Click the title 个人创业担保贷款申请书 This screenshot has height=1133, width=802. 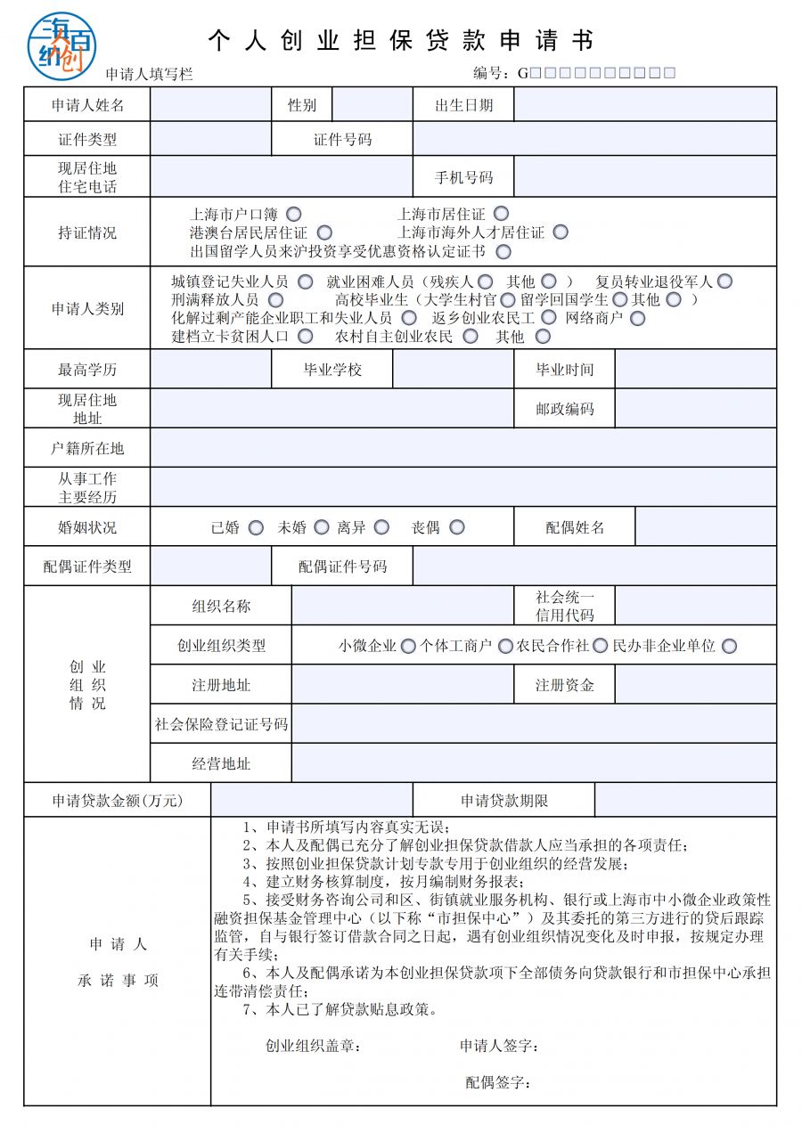[x=400, y=41]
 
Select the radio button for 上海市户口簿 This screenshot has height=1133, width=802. [x=294, y=214]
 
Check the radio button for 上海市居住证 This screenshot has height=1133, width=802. [x=502, y=214]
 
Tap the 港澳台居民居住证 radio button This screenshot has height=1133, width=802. [x=324, y=232]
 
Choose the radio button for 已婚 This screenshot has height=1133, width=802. [x=256, y=527]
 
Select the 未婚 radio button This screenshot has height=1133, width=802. [x=322, y=527]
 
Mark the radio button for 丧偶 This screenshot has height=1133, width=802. [x=457, y=527]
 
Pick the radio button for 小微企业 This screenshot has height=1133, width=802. [x=408, y=646]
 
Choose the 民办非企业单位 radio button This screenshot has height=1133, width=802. [x=730, y=646]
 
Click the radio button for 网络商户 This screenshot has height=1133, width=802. [x=637, y=317]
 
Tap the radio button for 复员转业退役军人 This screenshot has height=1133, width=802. [x=725, y=281]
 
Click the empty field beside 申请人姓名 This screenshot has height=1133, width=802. [x=210, y=105]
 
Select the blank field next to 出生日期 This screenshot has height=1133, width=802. [x=644, y=105]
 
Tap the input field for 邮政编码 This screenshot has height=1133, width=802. [x=695, y=409]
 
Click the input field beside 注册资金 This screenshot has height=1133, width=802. [x=695, y=685]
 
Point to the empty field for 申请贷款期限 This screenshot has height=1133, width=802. [x=685, y=801]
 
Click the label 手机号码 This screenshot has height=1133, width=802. [x=463, y=177]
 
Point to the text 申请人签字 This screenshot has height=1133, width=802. [x=499, y=1046]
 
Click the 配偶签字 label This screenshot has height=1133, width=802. [x=498, y=1082]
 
